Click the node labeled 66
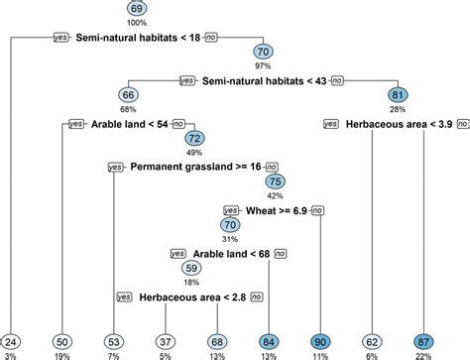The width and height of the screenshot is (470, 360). pyautogui.click(x=130, y=94)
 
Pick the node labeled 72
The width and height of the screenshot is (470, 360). pyautogui.click(x=194, y=138)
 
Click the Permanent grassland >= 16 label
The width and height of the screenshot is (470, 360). pyautogui.click(x=194, y=167)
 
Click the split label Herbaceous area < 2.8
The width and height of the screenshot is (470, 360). pyautogui.click(x=190, y=296)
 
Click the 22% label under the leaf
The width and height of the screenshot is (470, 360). pyautogui.click(x=424, y=355)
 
